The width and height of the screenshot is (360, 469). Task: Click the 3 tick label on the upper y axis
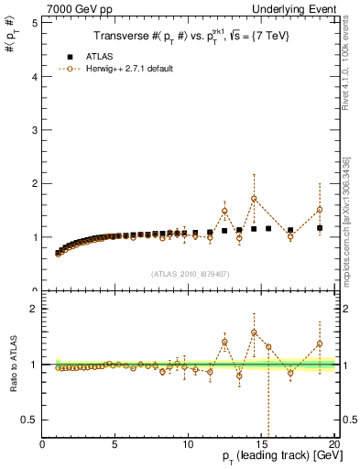point(34,130)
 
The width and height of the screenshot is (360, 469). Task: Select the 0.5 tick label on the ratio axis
point(29,420)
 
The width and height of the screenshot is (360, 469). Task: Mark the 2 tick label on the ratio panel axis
point(34,309)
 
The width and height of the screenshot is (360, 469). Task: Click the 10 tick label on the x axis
point(188,443)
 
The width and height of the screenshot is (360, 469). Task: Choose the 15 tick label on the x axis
point(261,443)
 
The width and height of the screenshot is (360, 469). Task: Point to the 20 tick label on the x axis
point(333,443)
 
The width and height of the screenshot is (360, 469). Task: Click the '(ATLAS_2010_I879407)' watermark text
point(189,273)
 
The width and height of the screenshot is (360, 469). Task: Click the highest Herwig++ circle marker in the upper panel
point(254,199)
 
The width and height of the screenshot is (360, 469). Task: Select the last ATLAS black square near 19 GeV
point(320,228)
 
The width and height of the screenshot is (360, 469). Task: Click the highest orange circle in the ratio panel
point(254,333)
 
